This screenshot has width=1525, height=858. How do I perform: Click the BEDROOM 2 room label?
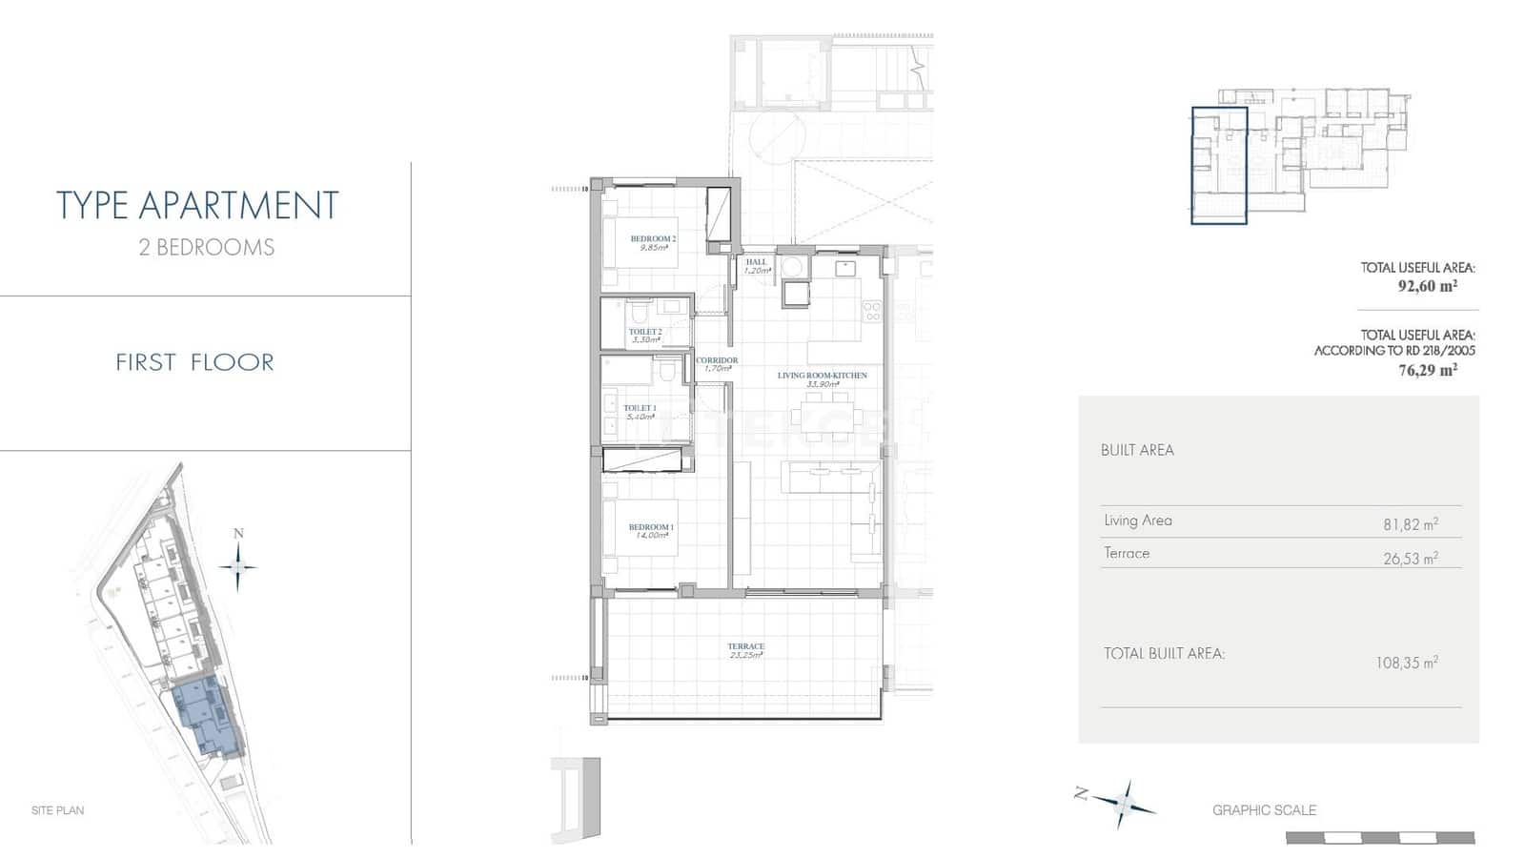click(x=653, y=239)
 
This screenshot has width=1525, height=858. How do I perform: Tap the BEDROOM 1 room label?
click(x=651, y=527)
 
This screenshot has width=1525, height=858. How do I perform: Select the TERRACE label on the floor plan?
click(x=745, y=647)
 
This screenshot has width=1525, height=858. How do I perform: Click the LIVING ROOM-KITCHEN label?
click(x=822, y=376)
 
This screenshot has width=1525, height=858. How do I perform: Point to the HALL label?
click(x=756, y=262)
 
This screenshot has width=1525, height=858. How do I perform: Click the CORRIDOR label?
click(x=716, y=361)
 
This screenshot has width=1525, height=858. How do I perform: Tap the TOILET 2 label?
click(x=645, y=332)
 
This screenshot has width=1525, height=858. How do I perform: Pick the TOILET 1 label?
click(x=640, y=408)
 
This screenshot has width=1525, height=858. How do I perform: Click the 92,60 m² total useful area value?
click(x=1427, y=285)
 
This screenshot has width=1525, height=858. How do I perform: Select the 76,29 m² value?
click(x=1427, y=370)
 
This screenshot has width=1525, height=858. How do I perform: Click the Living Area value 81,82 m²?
click(x=1410, y=524)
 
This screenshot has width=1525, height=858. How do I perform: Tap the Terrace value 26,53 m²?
click(x=1410, y=559)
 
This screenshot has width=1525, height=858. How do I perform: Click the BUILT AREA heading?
click(x=1136, y=450)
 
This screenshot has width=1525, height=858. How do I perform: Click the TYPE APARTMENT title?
click(x=197, y=206)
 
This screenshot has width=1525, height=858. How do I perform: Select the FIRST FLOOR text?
click(x=194, y=362)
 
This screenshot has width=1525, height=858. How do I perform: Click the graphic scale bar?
click(x=1379, y=838)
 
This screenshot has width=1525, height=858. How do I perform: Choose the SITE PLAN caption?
click(x=57, y=810)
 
